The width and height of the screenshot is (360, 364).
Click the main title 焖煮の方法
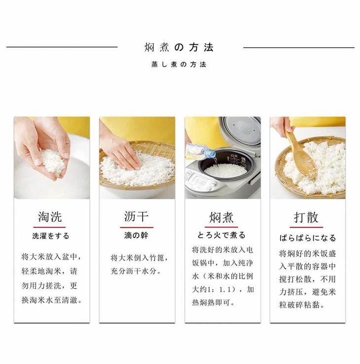tap(179, 47)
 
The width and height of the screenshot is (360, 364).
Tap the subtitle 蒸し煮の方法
tap(179, 65)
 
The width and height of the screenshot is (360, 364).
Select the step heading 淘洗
tap(50, 216)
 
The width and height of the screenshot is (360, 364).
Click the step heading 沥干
tap(136, 216)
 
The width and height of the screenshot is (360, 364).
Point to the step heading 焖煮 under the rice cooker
tap(221, 217)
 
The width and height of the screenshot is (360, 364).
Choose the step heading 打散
tap(306, 217)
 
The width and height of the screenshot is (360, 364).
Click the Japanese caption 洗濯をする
tap(51, 236)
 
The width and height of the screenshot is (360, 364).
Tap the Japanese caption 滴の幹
tap(136, 235)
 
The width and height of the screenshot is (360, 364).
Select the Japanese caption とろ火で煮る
tap(221, 235)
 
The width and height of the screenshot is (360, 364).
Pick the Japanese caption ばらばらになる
tap(307, 238)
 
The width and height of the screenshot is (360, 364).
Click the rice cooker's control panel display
tap(199, 179)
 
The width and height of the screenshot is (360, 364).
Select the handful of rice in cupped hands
tap(52, 160)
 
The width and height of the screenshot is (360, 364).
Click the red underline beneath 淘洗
tap(49, 227)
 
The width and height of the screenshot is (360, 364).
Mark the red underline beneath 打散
tap(306, 227)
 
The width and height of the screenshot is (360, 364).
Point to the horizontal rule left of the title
tap(62, 47)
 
